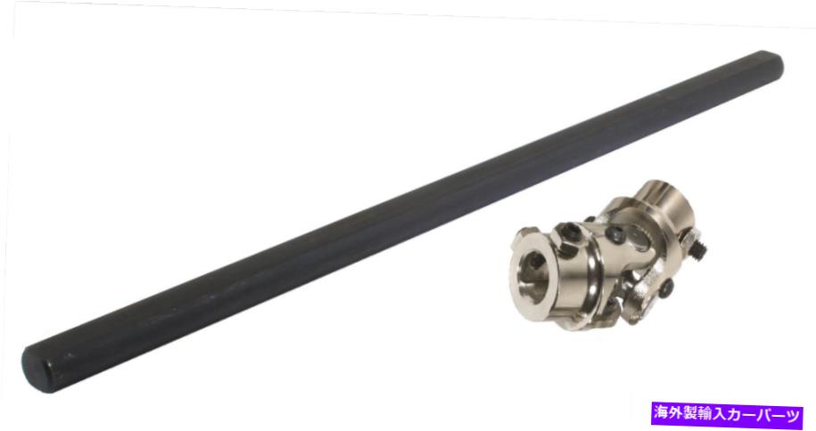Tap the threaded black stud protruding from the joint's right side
[x=700, y=249]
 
